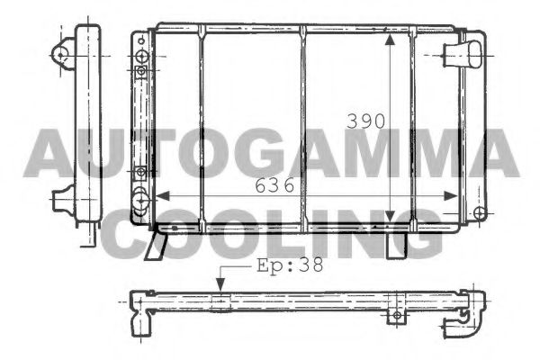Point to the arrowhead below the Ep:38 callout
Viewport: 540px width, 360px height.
(x=219, y=286)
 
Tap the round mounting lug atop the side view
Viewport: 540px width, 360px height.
(x=63, y=54)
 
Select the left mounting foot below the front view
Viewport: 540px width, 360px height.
(x=163, y=240)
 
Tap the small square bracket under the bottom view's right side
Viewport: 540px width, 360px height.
(x=394, y=315)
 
